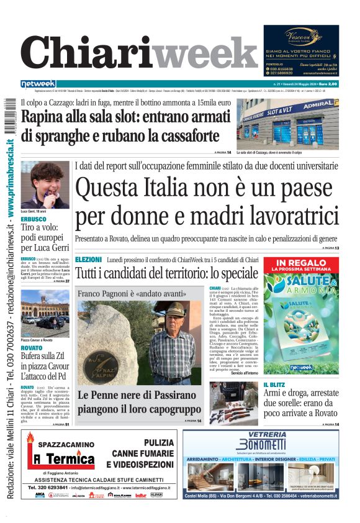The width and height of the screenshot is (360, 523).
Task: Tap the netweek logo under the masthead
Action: [x=38, y=84]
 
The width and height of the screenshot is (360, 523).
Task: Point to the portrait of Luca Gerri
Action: [x=45, y=184]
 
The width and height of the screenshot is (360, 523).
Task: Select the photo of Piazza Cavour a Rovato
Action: [x=45, y=313]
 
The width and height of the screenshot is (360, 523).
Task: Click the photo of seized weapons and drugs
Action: [x=233, y=403]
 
